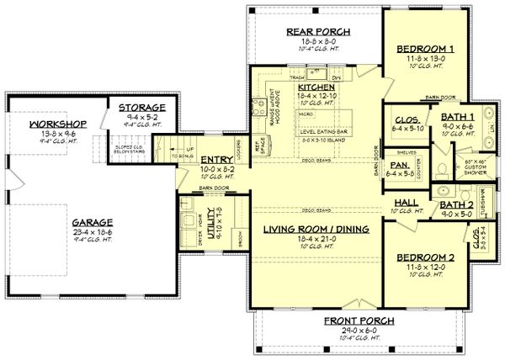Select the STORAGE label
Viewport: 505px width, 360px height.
[x=141, y=109]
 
